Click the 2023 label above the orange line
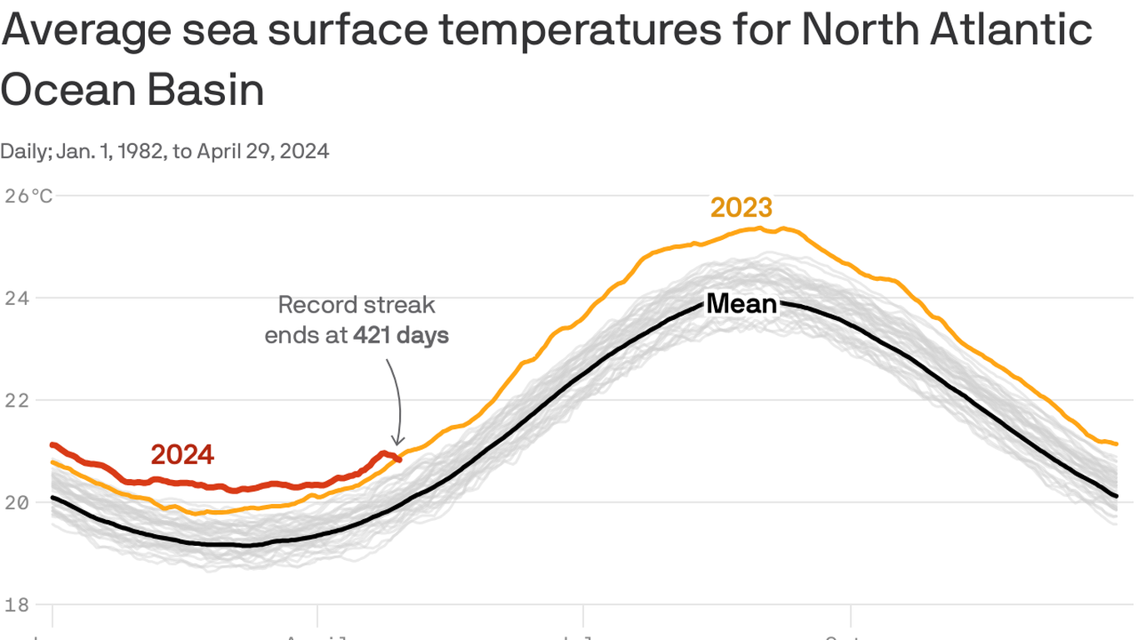pyautogui.click(x=741, y=207)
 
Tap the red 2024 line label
pyautogui.click(x=182, y=455)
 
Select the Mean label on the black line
pyautogui.click(x=741, y=304)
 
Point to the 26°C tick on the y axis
pyautogui.click(x=29, y=197)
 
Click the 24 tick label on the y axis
pyautogui.click(x=17, y=297)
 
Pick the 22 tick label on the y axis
pyautogui.click(x=17, y=400)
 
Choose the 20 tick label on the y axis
pyautogui.click(x=17, y=502)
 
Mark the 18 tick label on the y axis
pyautogui.click(x=17, y=605)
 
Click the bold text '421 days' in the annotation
pyautogui.click(x=401, y=336)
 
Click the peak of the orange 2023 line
pyautogui.click(x=760, y=227)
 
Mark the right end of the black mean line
pyautogui.click(x=1116, y=497)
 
